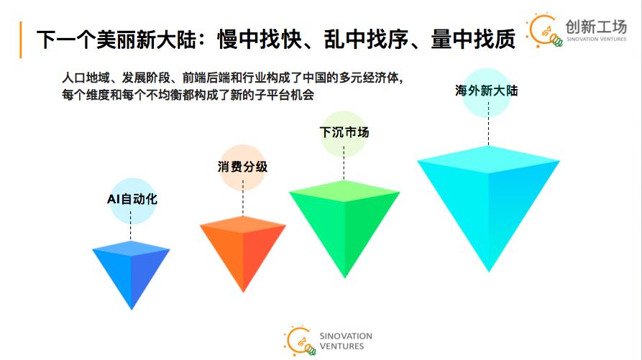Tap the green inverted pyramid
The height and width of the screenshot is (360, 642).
344,219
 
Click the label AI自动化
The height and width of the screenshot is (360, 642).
127,199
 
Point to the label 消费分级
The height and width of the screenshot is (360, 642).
243,167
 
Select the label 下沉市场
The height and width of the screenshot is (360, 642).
344,132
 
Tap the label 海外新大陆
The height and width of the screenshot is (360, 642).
487,91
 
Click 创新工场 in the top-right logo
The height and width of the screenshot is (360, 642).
596,26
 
